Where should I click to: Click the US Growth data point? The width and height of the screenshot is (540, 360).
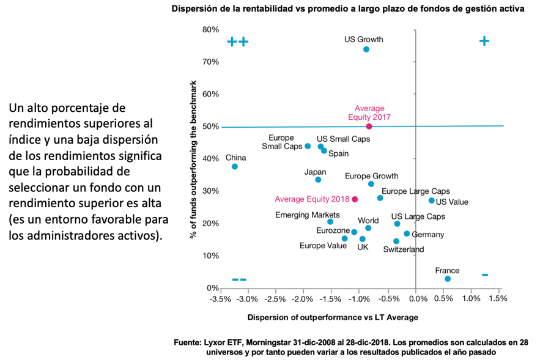point(366,50)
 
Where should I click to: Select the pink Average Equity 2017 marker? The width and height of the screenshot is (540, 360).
point(369,127)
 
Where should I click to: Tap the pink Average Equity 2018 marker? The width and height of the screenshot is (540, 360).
point(355,199)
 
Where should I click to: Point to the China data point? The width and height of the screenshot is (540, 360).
point(234,166)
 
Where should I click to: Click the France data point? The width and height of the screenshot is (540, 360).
point(448,279)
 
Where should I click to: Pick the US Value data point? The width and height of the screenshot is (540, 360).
point(431,200)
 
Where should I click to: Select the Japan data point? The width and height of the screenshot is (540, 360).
point(318,180)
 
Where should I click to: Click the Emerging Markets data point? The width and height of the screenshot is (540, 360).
point(330,222)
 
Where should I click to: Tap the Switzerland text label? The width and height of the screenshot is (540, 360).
point(403,249)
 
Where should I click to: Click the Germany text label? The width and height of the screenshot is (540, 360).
point(427,235)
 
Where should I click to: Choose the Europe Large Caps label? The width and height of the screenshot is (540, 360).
point(415,191)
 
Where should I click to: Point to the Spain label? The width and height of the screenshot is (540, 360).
point(338,154)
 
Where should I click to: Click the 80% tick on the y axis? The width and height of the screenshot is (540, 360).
point(210,30)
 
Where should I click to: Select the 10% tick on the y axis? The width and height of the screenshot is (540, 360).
point(210,255)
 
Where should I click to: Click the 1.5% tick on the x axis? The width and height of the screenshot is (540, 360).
point(498,299)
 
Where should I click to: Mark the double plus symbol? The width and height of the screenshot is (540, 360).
point(237,42)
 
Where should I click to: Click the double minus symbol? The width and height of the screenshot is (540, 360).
point(239,279)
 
